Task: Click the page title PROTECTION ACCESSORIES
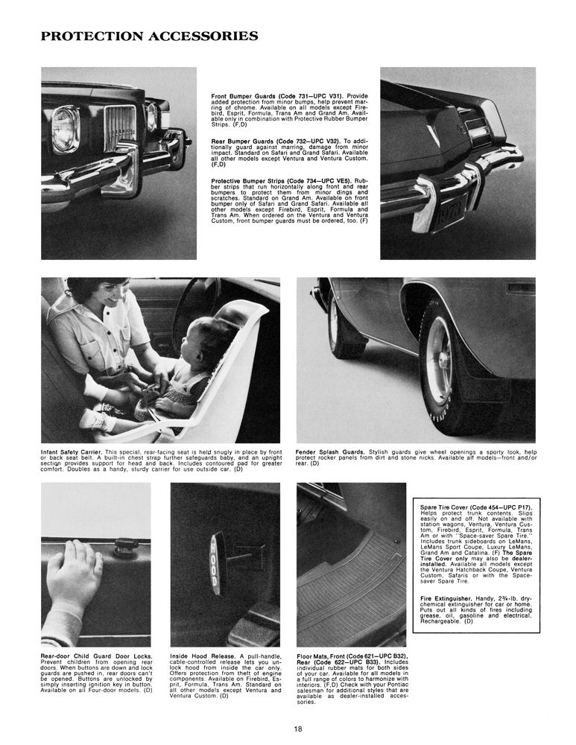[x=149, y=37]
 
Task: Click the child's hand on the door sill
[x=74, y=574]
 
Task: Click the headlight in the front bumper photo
[x=66, y=129]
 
